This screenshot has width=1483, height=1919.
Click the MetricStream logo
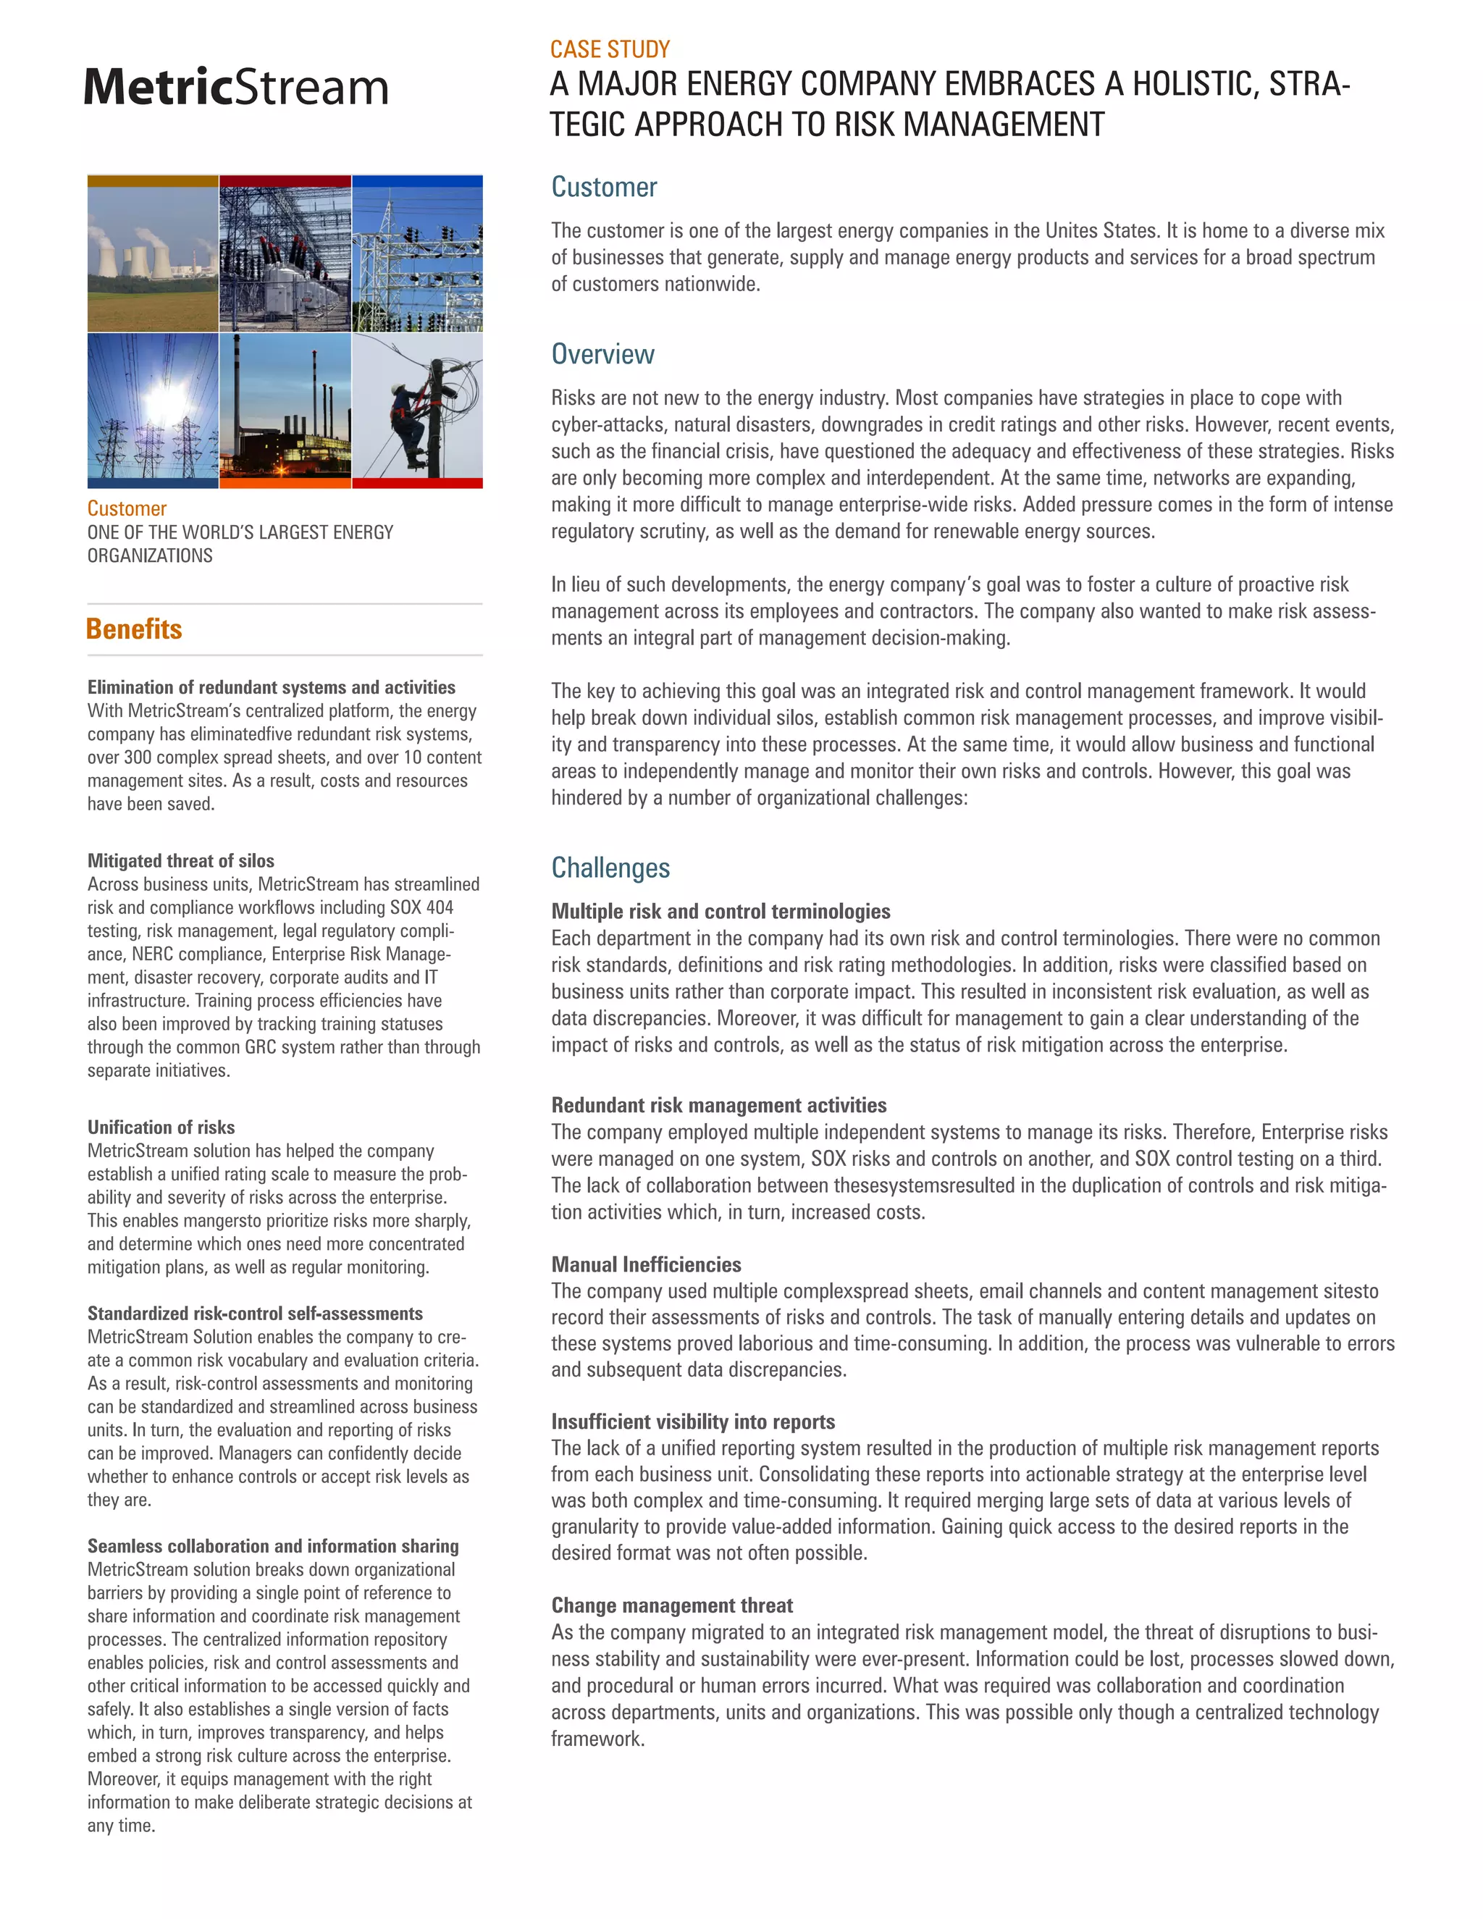click(235, 87)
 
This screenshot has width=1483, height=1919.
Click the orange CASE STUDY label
click(610, 49)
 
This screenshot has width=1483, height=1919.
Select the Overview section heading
click(602, 354)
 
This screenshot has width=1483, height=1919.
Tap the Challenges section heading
click(610, 868)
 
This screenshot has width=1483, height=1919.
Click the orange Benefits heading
click(135, 629)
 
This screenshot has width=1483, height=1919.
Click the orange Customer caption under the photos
click(127, 509)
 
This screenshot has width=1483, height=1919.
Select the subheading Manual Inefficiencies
click(646, 1264)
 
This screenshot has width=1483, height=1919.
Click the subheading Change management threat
click(672, 1605)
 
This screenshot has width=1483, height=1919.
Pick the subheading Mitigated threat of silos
click(180, 861)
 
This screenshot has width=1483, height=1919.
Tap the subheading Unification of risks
click(161, 1128)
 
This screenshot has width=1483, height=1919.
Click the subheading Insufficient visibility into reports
click(693, 1422)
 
